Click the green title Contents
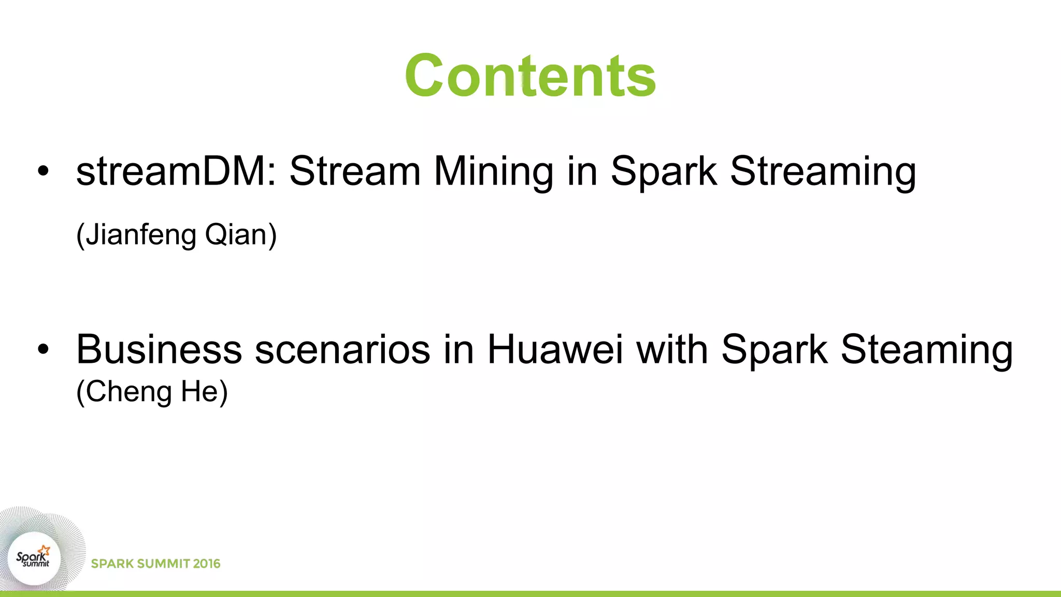click(x=530, y=76)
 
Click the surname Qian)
click(x=241, y=235)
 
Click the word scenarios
click(x=342, y=350)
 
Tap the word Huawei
click(x=555, y=349)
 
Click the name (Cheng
click(x=124, y=392)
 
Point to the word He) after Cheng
click(x=204, y=392)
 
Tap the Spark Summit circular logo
click(x=34, y=559)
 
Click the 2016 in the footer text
click(x=207, y=564)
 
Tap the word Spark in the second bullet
click(x=774, y=350)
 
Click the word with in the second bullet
click(x=671, y=349)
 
